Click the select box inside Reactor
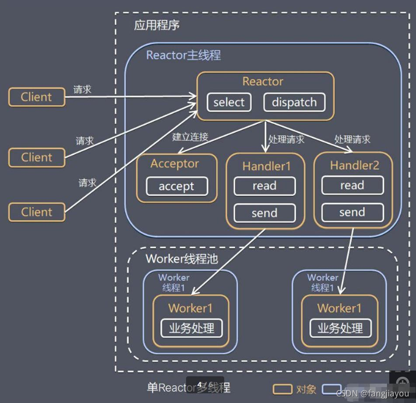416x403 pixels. click(229, 102)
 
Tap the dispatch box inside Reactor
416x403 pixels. click(294, 102)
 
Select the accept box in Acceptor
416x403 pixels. click(176, 186)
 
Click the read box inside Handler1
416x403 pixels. click(264, 186)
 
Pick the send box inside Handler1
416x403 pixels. click(264, 213)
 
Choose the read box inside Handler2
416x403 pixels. click(352, 185)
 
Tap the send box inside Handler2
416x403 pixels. click(352, 212)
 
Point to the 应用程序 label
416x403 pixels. click(157, 25)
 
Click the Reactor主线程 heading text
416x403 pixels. click(183, 56)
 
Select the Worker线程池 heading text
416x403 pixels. click(182, 258)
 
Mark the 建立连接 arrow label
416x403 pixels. click(190, 137)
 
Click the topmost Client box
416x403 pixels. click(36, 97)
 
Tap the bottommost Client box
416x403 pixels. click(36, 212)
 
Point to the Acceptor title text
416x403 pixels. click(175, 163)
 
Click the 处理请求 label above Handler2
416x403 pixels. click(352, 139)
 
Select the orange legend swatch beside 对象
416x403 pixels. click(282, 389)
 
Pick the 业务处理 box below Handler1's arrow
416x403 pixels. click(192, 328)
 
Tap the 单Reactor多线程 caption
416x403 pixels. click(188, 387)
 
